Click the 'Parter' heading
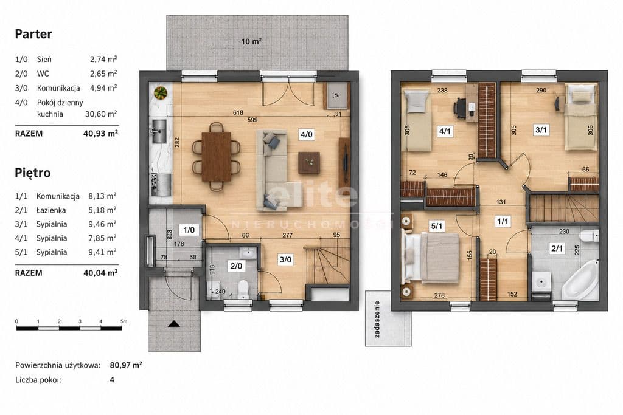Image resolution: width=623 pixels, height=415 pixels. tap(33, 34)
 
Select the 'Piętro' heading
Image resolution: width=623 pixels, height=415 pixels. tap(33, 173)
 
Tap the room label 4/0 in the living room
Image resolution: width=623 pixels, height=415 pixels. tap(306, 134)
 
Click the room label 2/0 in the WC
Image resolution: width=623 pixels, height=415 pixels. tap(236, 266)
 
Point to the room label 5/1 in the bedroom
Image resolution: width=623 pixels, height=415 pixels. tap(437, 226)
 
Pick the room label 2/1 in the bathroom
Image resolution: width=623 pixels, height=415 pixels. tap(556, 249)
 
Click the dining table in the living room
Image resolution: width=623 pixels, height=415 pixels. tap(216, 156)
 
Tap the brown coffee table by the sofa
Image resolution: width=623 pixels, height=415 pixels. tap(309, 163)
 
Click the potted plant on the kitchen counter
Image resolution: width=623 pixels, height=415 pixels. tap(161, 93)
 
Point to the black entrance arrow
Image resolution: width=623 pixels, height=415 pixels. tap(174, 324)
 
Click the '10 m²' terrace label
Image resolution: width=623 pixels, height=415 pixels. tap(251, 41)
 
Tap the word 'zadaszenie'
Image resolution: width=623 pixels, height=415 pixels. tap(377, 319)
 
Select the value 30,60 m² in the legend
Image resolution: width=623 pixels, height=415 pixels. tap(102, 114)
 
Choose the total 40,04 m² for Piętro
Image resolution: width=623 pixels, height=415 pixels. tap(100, 273)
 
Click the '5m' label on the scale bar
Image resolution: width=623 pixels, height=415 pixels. tap(124, 321)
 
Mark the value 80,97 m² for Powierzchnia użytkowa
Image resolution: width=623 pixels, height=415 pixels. tap(126, 365)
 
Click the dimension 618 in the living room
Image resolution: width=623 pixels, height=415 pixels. tap(238, 112)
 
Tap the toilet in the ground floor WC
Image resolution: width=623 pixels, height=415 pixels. tap(243, 289)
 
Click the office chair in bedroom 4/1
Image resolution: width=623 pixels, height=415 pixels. tap(460, 108)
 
